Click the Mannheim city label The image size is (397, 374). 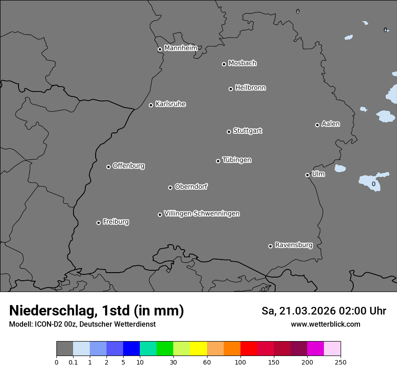[x=180, y=48]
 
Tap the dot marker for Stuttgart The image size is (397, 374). [x=229, y=132]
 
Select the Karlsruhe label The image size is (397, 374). [x=171, y=104]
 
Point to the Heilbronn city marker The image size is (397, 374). [x=231, y=89]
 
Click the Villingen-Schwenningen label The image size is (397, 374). [x=202, y=214]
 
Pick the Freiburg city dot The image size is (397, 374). [x=98, y=223]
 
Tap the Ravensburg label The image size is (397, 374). [x=294, y=245]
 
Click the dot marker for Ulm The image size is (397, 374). [x=307, y=175]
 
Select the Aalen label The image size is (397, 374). [x=331, y=124]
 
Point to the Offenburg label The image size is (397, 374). [x=129, y=166]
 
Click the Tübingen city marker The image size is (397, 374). [x=218, y=161]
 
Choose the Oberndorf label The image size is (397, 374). [x=191, y=187]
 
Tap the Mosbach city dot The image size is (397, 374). [x=224, y=64]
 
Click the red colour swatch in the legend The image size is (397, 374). [x=249, y=349]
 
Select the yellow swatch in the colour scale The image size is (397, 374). [x=198, y=349]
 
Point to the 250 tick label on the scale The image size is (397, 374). [x=341, y=362]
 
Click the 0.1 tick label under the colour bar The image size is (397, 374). [x=73, y=362]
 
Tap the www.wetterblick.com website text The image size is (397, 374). [x=325, y=324]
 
